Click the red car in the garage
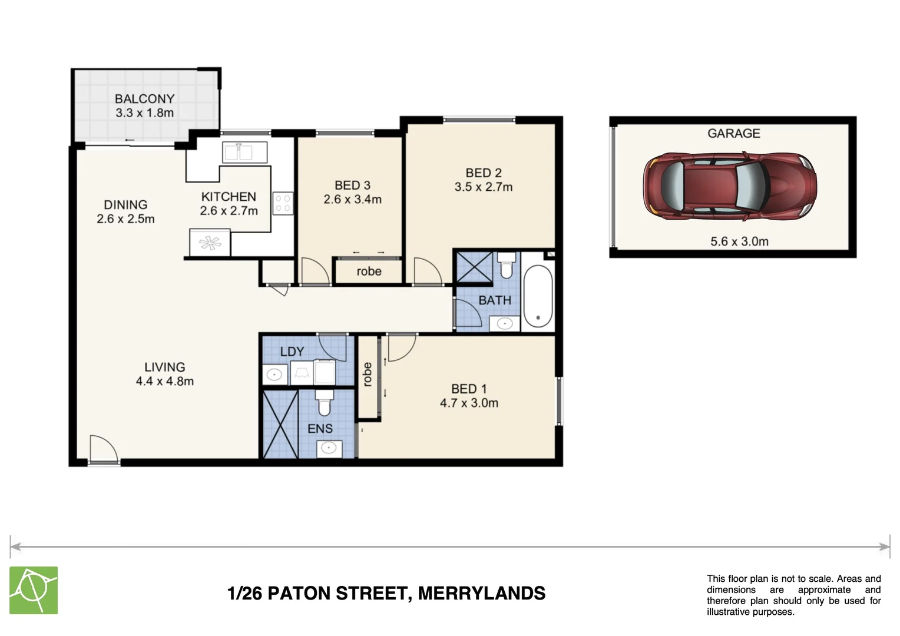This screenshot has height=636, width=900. pos(730,187)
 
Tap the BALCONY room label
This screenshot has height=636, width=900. pos(144,99)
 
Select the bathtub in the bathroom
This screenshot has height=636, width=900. pos(537,296)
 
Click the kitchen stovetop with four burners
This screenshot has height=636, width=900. pos(283,203)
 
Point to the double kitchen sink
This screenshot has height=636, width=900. pos(244,153)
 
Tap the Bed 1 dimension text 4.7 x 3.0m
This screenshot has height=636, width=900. pos(469,403)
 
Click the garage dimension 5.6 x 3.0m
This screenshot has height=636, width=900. pos(739,241)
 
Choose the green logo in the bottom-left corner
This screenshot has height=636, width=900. pos(34,590)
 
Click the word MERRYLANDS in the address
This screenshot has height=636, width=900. pos(481,593)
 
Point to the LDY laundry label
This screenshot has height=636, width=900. pos(292,352)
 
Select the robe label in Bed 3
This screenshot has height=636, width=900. pos(369,271)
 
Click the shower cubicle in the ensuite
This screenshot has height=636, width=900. pos(280,424)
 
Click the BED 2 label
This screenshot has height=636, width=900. pos(483,173)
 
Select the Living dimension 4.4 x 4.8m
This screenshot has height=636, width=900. pos(164,382)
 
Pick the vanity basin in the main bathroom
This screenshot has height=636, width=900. pos(504,323)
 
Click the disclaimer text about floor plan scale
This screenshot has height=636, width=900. pos(793,595)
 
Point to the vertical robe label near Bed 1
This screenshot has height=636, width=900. pos(368,375)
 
